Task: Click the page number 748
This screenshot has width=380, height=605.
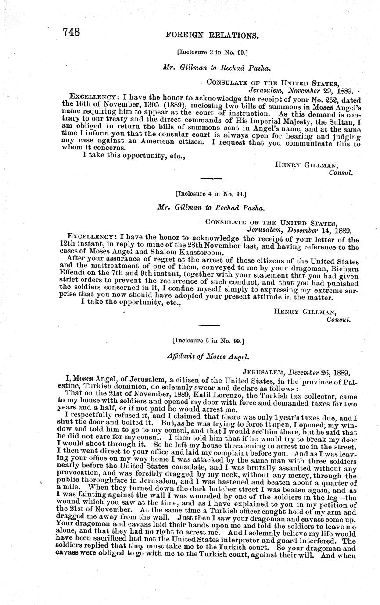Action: pyautogui.click(x=71, y=32)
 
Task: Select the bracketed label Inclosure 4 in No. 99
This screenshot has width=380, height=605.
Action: pyautogui.click(x=211, y=193)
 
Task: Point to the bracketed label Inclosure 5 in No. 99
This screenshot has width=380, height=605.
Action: pyautogui.click(x=209, y=340)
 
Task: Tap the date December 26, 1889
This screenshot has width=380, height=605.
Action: pyautogui.click(x=319, y=373)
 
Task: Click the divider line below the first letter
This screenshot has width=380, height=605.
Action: pyautogui.click(x=211, y=178)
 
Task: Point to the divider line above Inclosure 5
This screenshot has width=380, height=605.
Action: pyautogui.click(x=209, y=325)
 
